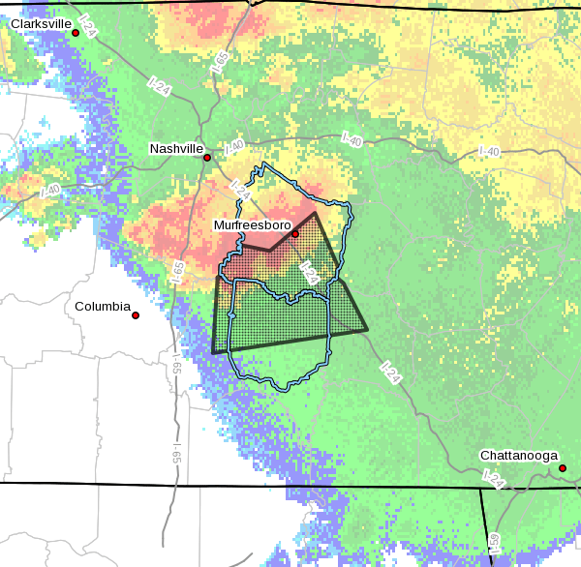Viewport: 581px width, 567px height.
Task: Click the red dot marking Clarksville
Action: click(76, 33)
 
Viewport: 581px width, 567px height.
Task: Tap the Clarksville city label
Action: click(42, 23)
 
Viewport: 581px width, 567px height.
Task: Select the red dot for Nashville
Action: click(207, 157)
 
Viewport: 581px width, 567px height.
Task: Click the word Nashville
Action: click(176, 149)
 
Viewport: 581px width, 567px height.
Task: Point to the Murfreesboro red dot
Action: click(295, 233)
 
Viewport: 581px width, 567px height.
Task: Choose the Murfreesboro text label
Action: click(252, 224)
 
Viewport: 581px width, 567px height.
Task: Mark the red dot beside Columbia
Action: click(136, 315)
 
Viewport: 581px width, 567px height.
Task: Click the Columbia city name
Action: click(103, 307)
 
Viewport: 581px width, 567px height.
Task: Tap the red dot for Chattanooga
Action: click(562, 469)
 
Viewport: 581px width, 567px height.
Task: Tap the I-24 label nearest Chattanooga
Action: click(494, 477)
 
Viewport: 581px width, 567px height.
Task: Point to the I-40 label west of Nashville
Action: click(50, 191)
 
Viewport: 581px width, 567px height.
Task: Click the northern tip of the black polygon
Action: click(315, 213)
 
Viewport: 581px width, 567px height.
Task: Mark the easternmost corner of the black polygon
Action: click(368, 330)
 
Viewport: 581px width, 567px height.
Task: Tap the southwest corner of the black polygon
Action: click(212, 353)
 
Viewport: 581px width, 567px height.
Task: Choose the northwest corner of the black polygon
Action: click(216, 277)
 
